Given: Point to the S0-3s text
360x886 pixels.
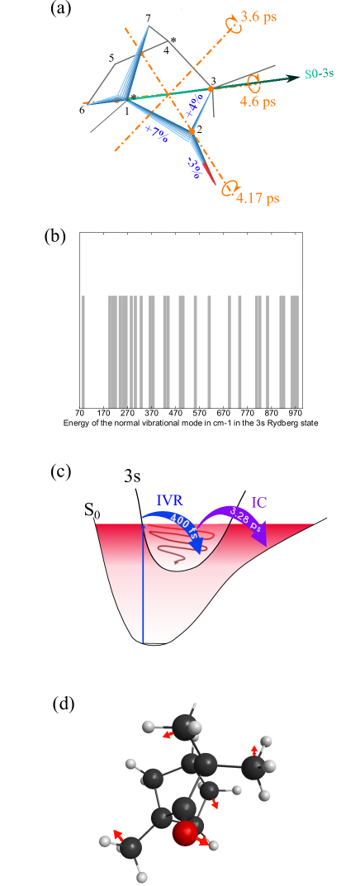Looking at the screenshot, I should pos(318,74).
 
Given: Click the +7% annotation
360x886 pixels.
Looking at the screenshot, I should pos(155,134).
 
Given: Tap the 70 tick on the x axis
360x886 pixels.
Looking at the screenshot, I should pos(80,411).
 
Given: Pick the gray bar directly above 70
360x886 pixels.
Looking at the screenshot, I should pos(83,347).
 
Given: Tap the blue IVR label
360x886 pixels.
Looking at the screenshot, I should pos(170,500).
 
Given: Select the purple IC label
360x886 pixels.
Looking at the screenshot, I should pos(258,501).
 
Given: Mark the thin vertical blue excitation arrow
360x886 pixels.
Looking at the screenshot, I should pos(143,586).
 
